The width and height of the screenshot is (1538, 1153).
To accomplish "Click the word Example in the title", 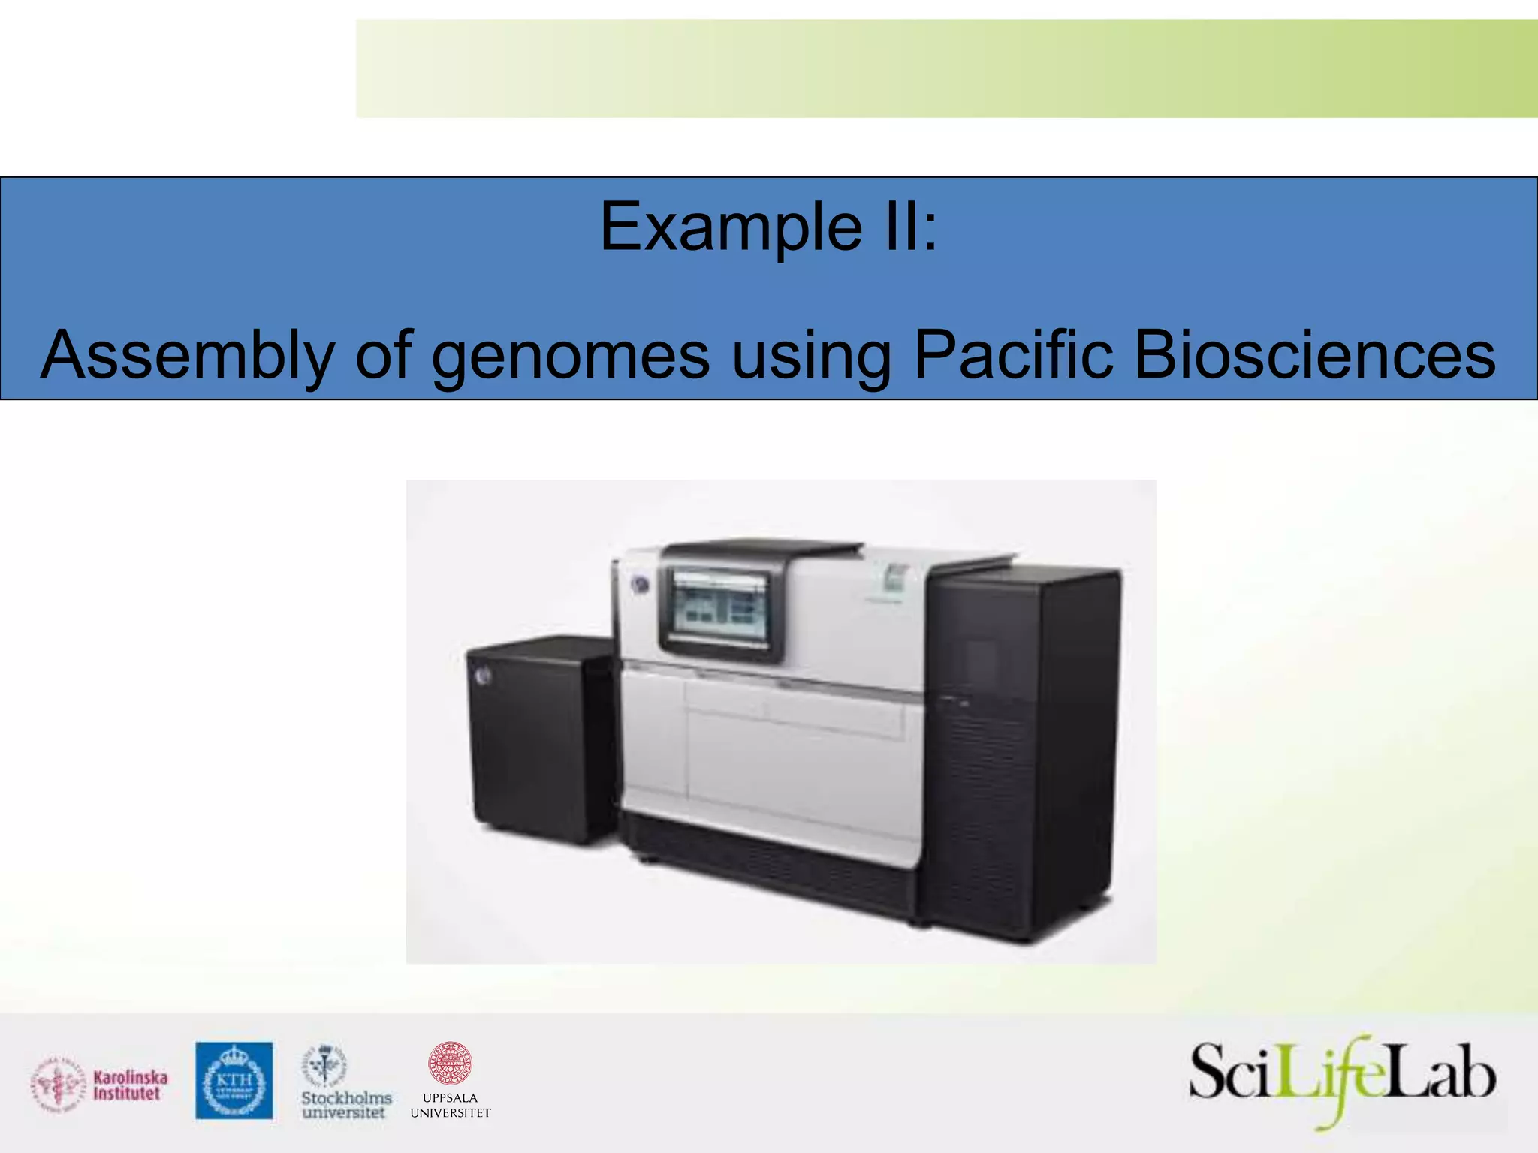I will [x=731, y=227].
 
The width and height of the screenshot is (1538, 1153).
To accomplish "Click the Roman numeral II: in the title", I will [x=909, y=227].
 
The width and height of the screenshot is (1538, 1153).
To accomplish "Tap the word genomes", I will [x=571, y=355].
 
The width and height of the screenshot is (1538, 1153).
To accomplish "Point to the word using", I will [x=811, y=355].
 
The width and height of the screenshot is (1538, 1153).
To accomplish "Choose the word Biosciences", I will [x=1314, y=355].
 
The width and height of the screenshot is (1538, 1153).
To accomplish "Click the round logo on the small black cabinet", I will [x=482, y=676].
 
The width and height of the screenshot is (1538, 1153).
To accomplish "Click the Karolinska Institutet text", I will [x=130, y=1085].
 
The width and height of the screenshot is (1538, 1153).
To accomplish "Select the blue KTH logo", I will [x=234, y=1080].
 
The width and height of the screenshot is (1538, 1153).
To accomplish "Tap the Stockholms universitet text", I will [x=346, y=1105].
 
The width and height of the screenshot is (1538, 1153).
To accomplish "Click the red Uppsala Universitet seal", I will [x=449, y=1064].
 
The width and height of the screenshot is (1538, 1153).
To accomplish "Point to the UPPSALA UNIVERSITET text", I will [x=450, y=1106].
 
